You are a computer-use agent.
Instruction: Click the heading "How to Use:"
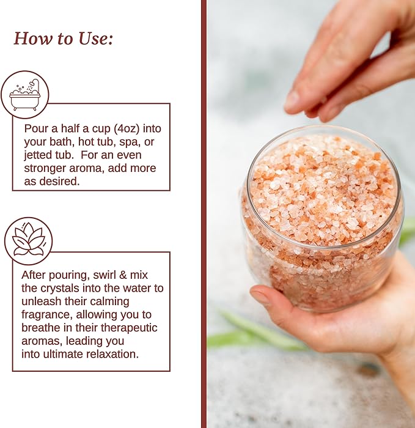[x=64, y=39]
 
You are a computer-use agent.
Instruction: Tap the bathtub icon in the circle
[x=25, y=95]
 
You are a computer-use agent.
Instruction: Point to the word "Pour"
[x=36, y=128]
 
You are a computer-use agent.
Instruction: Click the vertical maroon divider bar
[x=204, y=214]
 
